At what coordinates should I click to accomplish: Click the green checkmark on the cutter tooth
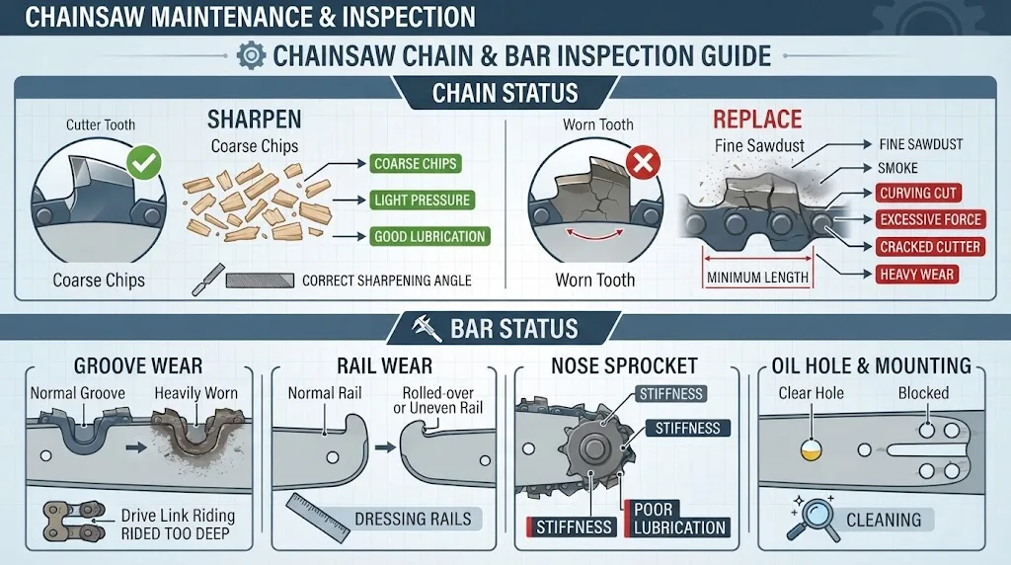[144, 163]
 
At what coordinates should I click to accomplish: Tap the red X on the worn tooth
[643, 162]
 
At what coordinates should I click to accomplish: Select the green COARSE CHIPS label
[416, 164]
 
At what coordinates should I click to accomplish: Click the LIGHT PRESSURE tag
[423, 200]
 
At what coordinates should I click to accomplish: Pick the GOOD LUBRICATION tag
[429, 237]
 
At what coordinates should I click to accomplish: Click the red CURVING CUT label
[918, 193]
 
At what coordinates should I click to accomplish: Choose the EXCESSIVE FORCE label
[930, 219]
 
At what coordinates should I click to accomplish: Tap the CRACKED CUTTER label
[930, 247]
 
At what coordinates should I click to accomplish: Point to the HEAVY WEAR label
[917, 275]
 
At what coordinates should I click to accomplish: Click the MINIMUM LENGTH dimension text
[757, 278]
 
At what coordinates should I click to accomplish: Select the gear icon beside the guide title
[251, 55]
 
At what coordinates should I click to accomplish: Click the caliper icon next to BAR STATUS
[427, 328]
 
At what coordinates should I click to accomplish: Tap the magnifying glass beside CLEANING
[812, 518]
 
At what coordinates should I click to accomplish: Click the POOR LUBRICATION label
[677, 519]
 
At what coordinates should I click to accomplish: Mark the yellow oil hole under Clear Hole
[811, 450]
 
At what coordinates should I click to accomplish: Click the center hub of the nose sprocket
[591, 447]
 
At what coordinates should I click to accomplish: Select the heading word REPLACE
[757, 120]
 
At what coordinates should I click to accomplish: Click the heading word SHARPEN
[254, 120]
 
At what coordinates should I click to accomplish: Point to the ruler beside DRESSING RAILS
[318, 518]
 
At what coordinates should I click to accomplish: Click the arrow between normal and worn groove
[136, 446]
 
